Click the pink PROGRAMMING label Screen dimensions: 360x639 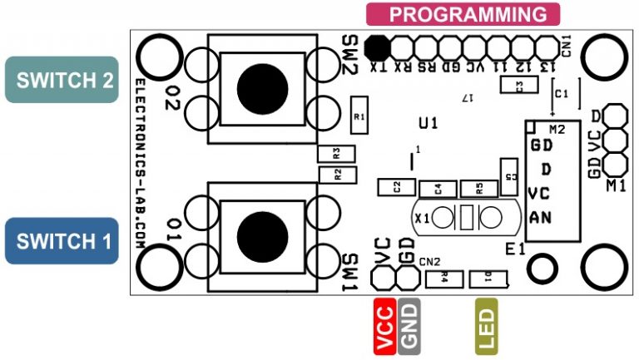click(x=463, y=14)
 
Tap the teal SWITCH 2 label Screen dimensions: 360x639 click(x=62, y=80)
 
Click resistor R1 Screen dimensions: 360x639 click(x=359, y=117)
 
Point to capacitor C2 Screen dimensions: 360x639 click(x=397, y=186)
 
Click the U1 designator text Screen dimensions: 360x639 click(x=428, y=124)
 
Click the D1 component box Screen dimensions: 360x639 click(x=487, y=279)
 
